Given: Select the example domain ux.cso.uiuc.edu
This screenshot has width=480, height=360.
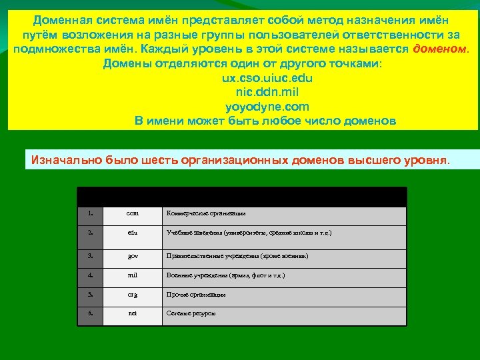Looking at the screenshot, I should coord(267,78).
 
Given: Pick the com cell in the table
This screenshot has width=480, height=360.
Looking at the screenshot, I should coord(133,213).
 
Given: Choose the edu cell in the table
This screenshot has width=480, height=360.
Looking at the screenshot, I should coord(133,233).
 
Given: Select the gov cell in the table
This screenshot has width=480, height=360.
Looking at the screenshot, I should coord(133,256).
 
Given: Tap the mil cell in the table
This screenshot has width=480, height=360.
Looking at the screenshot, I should coord(133,275).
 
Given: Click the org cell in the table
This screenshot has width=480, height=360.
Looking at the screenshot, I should coord(133,294).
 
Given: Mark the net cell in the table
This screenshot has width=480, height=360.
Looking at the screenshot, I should coord(133,313).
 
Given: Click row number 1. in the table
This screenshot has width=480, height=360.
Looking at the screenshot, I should coord(90,213).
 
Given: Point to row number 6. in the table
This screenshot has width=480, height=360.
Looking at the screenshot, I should coord(90,313).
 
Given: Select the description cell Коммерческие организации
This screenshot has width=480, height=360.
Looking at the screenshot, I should coord(206,213).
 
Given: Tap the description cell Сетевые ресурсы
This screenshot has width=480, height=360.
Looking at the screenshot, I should coord(191,313).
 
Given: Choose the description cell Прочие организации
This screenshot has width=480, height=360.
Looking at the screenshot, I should coord(196,294).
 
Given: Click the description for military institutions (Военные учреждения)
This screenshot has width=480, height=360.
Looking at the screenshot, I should coord(225,275).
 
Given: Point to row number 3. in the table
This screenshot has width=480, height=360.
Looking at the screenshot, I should coord(90,256).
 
